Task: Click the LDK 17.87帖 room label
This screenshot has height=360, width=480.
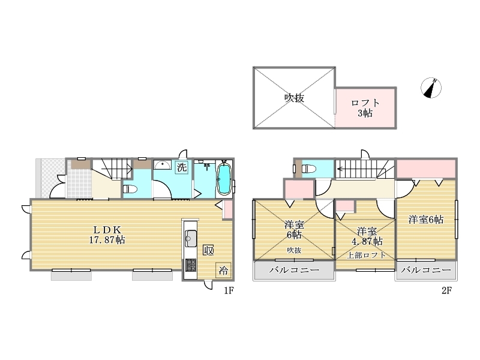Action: pyautogui.click(x=107, y=235)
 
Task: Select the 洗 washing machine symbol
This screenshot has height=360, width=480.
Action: pyautogui.click(x=182, y=167)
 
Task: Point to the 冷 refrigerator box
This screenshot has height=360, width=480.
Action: pyautogui.click(x=223, y=271)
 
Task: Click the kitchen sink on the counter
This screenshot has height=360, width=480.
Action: pyautogui.click(x=190, y=238)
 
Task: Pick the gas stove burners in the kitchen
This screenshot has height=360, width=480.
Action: pyautogui.click(x=191, y=265)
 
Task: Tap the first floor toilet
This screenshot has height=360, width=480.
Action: pyautogui.click(x=130, y=189)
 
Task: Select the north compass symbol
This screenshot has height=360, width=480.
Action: pyautogui.click(x=431, y=88)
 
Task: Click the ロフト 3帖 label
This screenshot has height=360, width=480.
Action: pyautogui.click(x=365, y=108)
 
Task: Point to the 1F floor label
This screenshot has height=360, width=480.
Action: pyautogui.click(x=229, y=290)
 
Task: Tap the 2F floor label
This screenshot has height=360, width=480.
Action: pyautogui.click(x=446, y=290)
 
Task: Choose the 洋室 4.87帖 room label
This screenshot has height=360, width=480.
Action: pyautogui.click(x=367, y=236)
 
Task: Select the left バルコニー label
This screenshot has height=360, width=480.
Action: pyautogui.click(x=294, y=270)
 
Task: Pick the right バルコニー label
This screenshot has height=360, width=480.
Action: pyautogui.click(x=426, y=270)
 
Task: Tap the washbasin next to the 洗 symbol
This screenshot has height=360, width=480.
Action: pyautogui.click(x=162, y=165)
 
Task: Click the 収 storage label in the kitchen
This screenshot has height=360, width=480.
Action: pyautogui.click(x=208, y=250)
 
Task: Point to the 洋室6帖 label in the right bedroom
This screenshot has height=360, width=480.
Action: pyautogui.click(x=426, y=220)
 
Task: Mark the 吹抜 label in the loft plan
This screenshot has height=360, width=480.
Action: pyautogui.click(x=294, y=98)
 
